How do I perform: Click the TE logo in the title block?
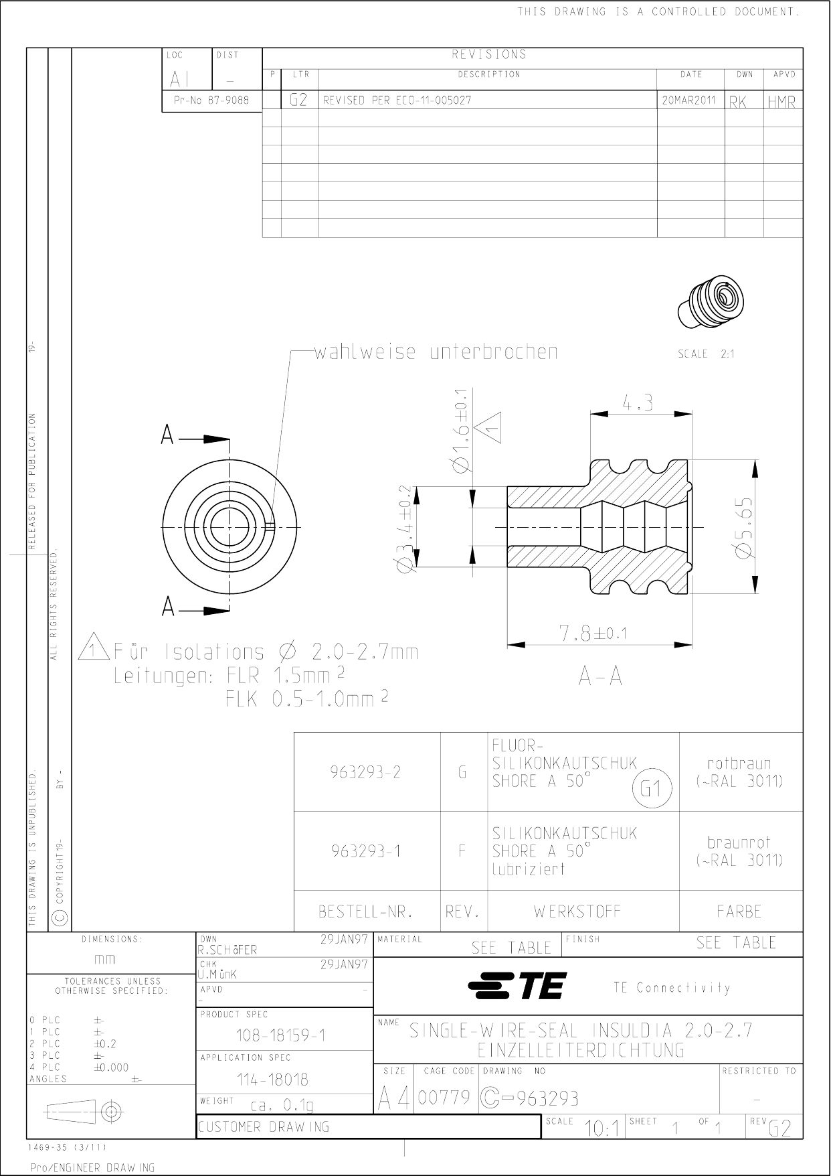[517, 986]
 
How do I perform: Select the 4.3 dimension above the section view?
[638, 403]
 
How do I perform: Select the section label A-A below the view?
[600, 677]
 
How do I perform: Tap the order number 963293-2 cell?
[366, 772]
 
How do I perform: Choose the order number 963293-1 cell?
[366, 851]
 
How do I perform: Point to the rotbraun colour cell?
[739, 771]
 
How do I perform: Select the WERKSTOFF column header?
[577, 911]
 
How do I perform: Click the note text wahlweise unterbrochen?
[435, 352]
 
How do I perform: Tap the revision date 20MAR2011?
[689, 100]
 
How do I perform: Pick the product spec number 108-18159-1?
[280, 1035]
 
